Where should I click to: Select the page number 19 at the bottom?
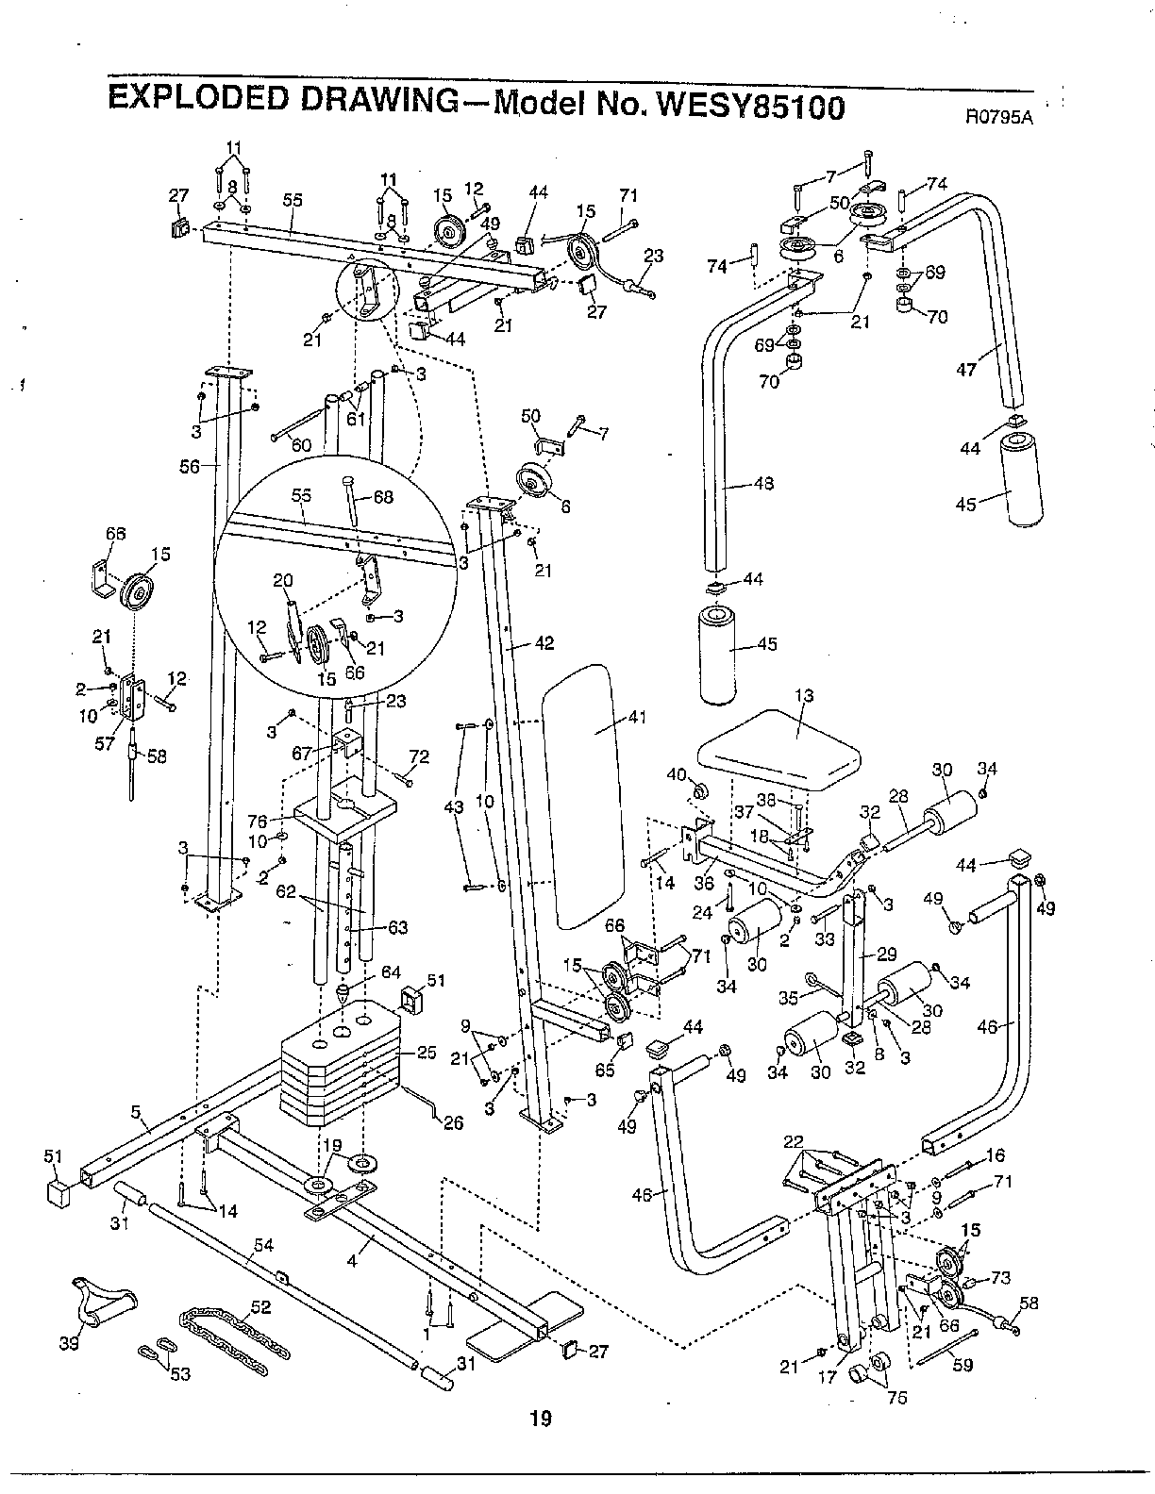tap(541, 1417)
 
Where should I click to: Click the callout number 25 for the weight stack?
tap(427, 1053)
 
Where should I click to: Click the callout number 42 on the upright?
tap(544, 644)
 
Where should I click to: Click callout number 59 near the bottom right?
tap(962, 1364)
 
